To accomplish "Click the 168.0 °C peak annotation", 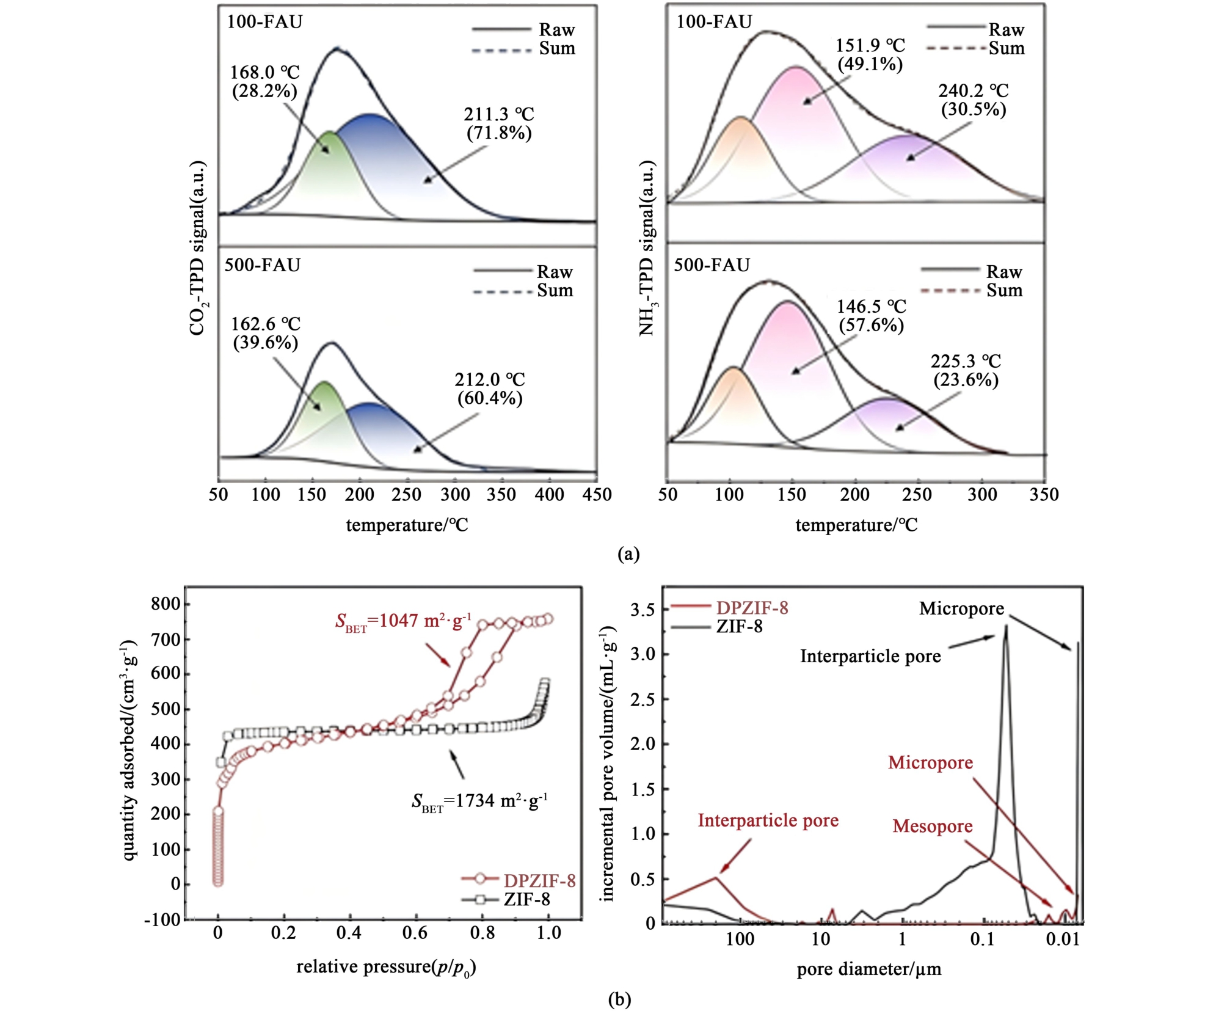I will (x=264, y=81).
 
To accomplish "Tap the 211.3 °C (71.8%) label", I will (x=499, y=123).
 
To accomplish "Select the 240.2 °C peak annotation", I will (x=974, y=100).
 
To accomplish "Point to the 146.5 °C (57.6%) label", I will (x=871, y=315).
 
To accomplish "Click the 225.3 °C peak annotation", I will (x=966, y=370).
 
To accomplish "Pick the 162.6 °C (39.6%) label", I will (x=266, y=333).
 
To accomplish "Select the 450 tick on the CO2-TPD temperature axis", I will (x=597, y=494).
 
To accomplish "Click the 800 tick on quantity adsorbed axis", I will (x=166, y=604).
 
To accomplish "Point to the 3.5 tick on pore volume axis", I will (x=643, y=610).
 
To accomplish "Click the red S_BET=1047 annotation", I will (x=403, y=622).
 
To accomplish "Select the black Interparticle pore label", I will (x=870, y=656).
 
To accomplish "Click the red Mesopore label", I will (x=933, y=826).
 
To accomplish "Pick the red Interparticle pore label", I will (x=768, y=820).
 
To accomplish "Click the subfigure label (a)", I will (x=628, y=554).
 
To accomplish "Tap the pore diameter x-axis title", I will (x=869, y=969).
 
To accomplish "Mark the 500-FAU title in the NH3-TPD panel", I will (x=712, y=265).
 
